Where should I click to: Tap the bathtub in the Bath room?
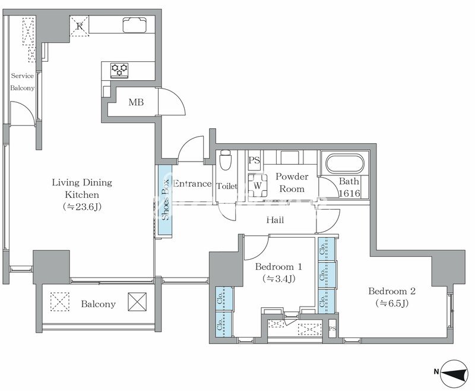pyautogui.click(x=344, y=163)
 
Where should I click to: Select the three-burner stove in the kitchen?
pyautogui.click(x=119, y=70)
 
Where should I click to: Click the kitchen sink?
pyautogui.click(x=135, y=25)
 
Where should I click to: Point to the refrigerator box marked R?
pyautogui.click(x=80, y=26)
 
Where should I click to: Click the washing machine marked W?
pyautogui.click(x=258, y=186)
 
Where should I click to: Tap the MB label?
pyautogui.click(x=136, y=102)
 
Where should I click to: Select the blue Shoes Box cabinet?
pyautogui.click(x=165, y=200)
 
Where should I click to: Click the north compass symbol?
pyautogui.click(x=454, y=372)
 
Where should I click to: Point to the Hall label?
pyautogui.click(x=275, y=220)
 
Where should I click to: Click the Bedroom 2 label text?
pyautogui.click(x=392, y=291)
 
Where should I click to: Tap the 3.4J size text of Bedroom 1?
pyautogui.click(x=279, y=279)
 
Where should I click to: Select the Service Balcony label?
pyautogui.click(x=23, y=82)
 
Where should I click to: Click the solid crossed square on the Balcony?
pyautogui.click(x=137, y=302)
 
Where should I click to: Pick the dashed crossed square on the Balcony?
pyautogui.click(x=60, y=302)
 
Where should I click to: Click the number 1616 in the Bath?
pyautogui.click(x=350, y=193)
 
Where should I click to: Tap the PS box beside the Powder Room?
pyautogui.click(x=255, y=160)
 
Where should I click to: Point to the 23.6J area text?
pyautogui.click(x=82, y=207)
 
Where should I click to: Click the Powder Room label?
pyautogui.click(x=292, y=182)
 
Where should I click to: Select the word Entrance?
pyautogui.click(x=192, y=184)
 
